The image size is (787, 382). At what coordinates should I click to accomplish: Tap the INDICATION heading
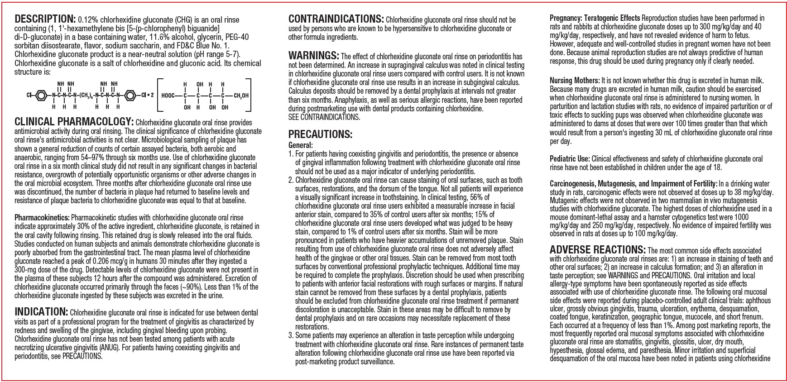pos(41,312)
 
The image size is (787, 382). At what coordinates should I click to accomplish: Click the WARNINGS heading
pos(313,56)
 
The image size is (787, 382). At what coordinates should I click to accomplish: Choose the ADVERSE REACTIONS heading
pos(597,250)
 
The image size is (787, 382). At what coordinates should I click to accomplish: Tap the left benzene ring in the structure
pos(40,95)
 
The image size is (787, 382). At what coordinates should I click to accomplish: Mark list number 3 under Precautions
pos(291,335)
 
